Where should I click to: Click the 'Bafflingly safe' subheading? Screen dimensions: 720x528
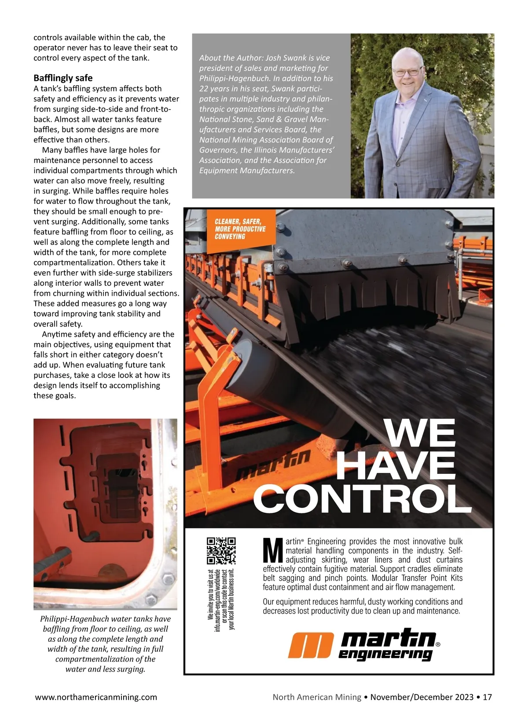(63, 78)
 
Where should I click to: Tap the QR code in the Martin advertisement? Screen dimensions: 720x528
(221, 550)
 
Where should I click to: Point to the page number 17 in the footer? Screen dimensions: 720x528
(487, 697)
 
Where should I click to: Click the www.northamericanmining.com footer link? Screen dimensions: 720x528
(95, 697)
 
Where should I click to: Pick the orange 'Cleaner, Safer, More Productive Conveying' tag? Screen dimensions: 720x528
(240, 229)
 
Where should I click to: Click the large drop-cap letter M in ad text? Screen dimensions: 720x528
(272, 550)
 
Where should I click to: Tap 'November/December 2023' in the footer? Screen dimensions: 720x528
(422, 697)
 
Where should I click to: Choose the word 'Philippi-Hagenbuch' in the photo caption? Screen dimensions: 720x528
(74, 619)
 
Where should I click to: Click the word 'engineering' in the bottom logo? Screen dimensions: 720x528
(385, 655)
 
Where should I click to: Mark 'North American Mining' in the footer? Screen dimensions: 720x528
(317, 697)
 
